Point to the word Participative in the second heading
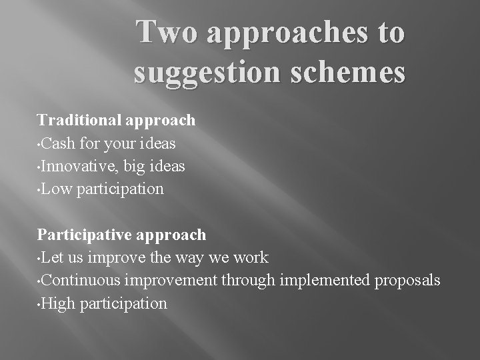[85, 235]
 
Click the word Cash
[61, 143]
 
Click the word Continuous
[83, 280]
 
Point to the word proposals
[407, 281]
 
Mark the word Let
[55, 257]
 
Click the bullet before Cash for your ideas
[40, 144]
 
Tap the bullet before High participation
[40, 304]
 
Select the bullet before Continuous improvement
[40, 281]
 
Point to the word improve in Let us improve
[121, 258]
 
